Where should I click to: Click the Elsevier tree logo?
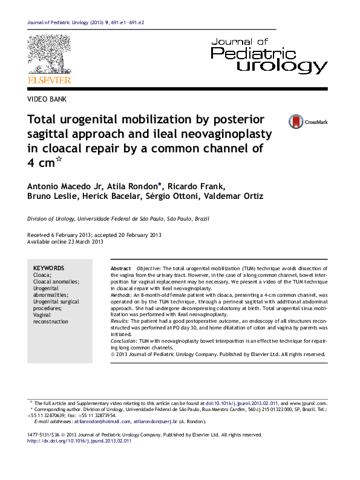click(x=48, y=55)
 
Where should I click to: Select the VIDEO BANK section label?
click(x=47, y=99)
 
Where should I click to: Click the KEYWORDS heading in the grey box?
click(x=48, y=268)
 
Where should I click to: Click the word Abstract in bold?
click(x=120, y=268)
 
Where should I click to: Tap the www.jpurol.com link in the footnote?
click(x=309, y=403)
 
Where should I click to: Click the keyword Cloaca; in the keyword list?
click(x=42, y=275)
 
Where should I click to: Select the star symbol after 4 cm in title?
click(x=59, y=160)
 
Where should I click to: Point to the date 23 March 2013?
click(x=82, y=242)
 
